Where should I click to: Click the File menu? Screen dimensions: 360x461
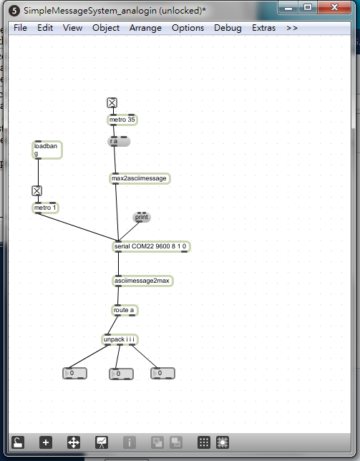20,28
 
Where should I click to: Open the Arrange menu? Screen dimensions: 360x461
145,28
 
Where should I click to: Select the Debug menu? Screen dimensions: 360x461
228,28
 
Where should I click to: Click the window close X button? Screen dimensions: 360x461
334,7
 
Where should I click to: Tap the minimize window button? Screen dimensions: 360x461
288,8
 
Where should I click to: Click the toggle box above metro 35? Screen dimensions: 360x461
112,103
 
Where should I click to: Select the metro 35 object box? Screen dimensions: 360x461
122,120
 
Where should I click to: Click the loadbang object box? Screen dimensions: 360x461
47,150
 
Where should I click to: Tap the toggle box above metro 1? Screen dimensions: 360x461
37,191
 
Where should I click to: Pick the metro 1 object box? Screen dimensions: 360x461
45,208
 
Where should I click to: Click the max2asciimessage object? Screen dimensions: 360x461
140,178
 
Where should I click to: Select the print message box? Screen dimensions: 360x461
142,218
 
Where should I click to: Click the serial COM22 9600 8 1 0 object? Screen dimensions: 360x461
151,246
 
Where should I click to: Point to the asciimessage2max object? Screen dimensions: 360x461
142,281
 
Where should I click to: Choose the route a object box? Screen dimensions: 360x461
125,310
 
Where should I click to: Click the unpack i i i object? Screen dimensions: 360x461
120,339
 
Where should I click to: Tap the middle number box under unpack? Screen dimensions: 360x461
122,374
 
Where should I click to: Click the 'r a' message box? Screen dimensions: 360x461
119,142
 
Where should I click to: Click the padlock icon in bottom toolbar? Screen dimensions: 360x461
18,442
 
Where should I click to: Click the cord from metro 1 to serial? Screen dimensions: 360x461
78,227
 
